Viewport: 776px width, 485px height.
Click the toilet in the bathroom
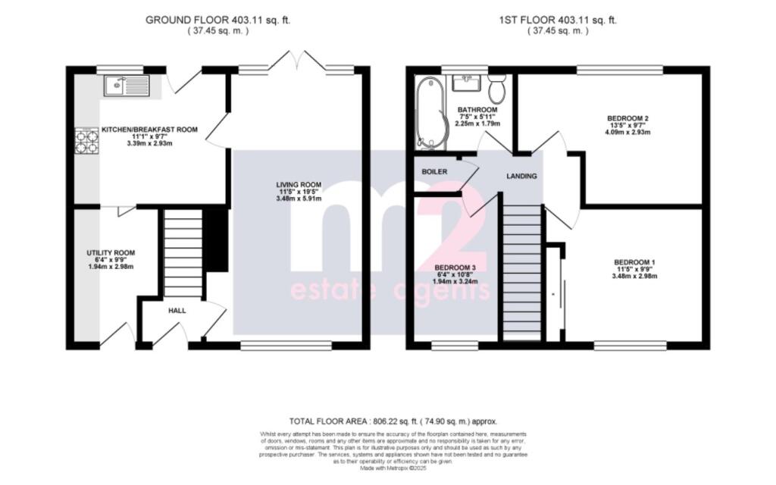(x=497, y=89)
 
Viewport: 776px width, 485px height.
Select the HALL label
(x=177, y=310)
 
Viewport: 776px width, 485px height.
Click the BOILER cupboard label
(x=434, y=172)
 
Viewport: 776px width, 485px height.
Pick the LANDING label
(x=521, y=176)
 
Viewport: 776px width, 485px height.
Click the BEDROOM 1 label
(x=634, y=263)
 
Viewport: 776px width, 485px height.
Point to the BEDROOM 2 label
(x=628, y=118)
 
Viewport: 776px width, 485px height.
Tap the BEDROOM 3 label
(x=455, y=268)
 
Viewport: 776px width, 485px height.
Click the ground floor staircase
(x=183, y=254)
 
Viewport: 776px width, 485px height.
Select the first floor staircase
(x=522, y=273)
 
